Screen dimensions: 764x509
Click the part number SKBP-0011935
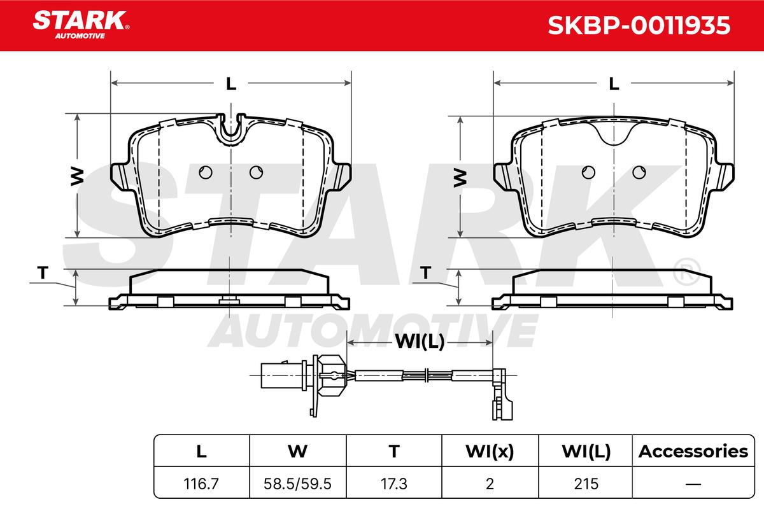(x=639, y=25)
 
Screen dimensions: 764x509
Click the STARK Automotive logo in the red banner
(x=81, y=25)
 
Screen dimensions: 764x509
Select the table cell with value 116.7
(x=201, y=484)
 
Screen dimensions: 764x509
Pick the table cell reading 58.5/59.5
(x=297, y=484)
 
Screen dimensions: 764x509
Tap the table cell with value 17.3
(x=394, y=484)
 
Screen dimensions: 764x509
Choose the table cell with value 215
(x=586, y=484)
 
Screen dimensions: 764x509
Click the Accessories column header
(x=693, y=451)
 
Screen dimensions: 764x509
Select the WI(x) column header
(x=490, y=451)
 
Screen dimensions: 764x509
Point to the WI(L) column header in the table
(x=586, y=451)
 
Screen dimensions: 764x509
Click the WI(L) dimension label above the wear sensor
(x=420, y=341)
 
